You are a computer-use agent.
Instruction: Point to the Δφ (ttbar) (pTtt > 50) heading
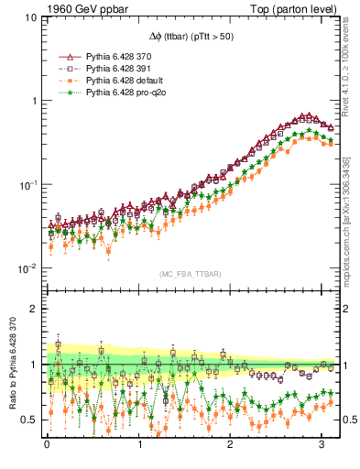point(191,34)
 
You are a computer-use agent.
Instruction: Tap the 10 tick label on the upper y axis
point(30,17)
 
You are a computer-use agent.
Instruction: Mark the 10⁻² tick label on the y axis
point(28,268)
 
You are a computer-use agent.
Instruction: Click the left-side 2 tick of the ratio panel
point(33,309)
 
